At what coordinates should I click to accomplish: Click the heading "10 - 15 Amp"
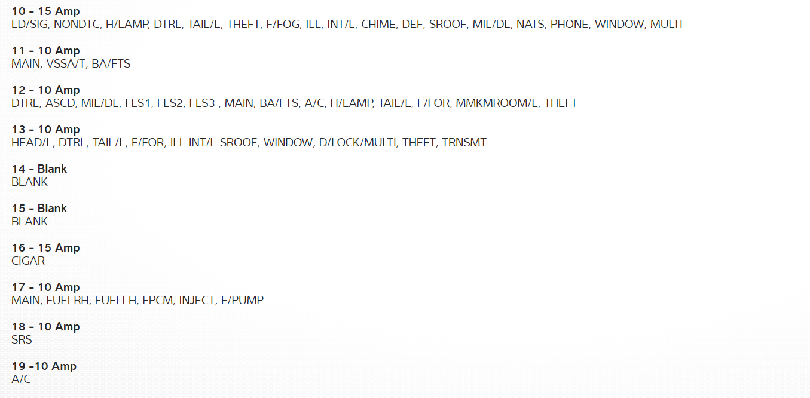point(45,11)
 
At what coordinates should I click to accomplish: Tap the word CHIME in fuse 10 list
point(378,25)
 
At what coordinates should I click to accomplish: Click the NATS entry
point(530,25)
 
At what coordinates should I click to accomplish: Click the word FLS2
point(170,103)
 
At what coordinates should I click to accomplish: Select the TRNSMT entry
point(464,143)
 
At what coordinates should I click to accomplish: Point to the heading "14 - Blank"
point(39,169)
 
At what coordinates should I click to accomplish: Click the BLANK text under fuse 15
point(29,222)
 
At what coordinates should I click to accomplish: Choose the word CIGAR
point(28,261)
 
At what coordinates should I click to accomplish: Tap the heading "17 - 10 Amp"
point(45,287)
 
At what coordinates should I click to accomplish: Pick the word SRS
point(22,340)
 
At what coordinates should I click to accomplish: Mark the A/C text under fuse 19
point(21,379)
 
